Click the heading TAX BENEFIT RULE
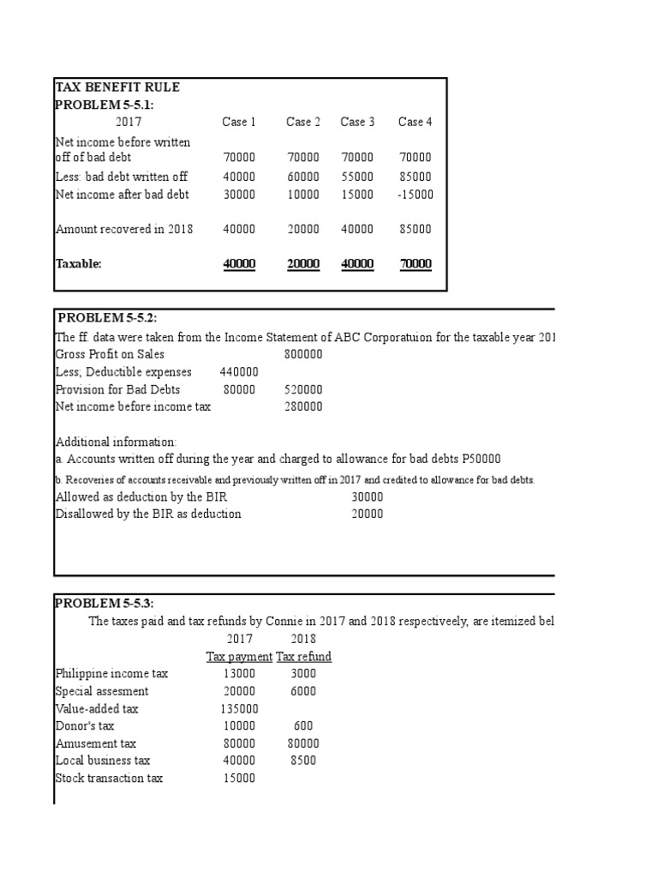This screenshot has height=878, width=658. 117,87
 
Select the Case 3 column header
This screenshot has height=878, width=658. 357,122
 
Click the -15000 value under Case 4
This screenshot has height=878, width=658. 416,195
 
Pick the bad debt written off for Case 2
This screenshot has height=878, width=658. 303,177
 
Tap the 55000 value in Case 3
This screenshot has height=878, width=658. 357,177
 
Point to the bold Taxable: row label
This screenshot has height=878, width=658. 78,264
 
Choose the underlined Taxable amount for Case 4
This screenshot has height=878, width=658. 416,264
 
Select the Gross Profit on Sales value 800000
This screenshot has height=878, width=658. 303,354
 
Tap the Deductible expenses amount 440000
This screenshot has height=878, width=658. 239,372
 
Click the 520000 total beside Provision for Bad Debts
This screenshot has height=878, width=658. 303,389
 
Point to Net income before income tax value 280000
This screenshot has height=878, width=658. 303,406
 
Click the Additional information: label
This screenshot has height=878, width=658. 116,442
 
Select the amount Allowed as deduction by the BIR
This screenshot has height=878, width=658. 368,496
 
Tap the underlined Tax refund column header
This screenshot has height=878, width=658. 303,657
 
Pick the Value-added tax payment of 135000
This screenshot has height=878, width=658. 239,709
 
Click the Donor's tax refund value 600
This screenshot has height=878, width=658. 303,726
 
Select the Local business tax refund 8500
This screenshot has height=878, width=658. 303,761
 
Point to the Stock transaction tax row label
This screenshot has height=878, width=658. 109,779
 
